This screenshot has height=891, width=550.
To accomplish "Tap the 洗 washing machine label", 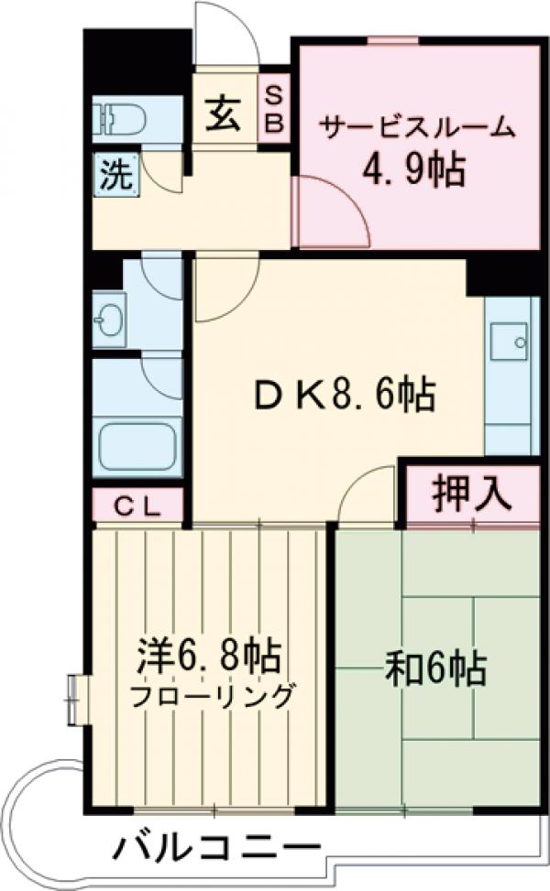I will click(115, 174).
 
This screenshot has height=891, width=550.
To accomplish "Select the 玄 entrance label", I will click(223, 116).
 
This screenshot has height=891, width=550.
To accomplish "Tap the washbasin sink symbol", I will click(110, 318).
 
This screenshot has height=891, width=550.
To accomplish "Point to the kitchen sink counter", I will click(510, 375).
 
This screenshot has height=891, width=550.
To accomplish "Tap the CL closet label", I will click(138, 505).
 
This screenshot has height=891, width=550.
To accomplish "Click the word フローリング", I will click(213, 696).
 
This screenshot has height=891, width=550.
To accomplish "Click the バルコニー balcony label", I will click(216, 848).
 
